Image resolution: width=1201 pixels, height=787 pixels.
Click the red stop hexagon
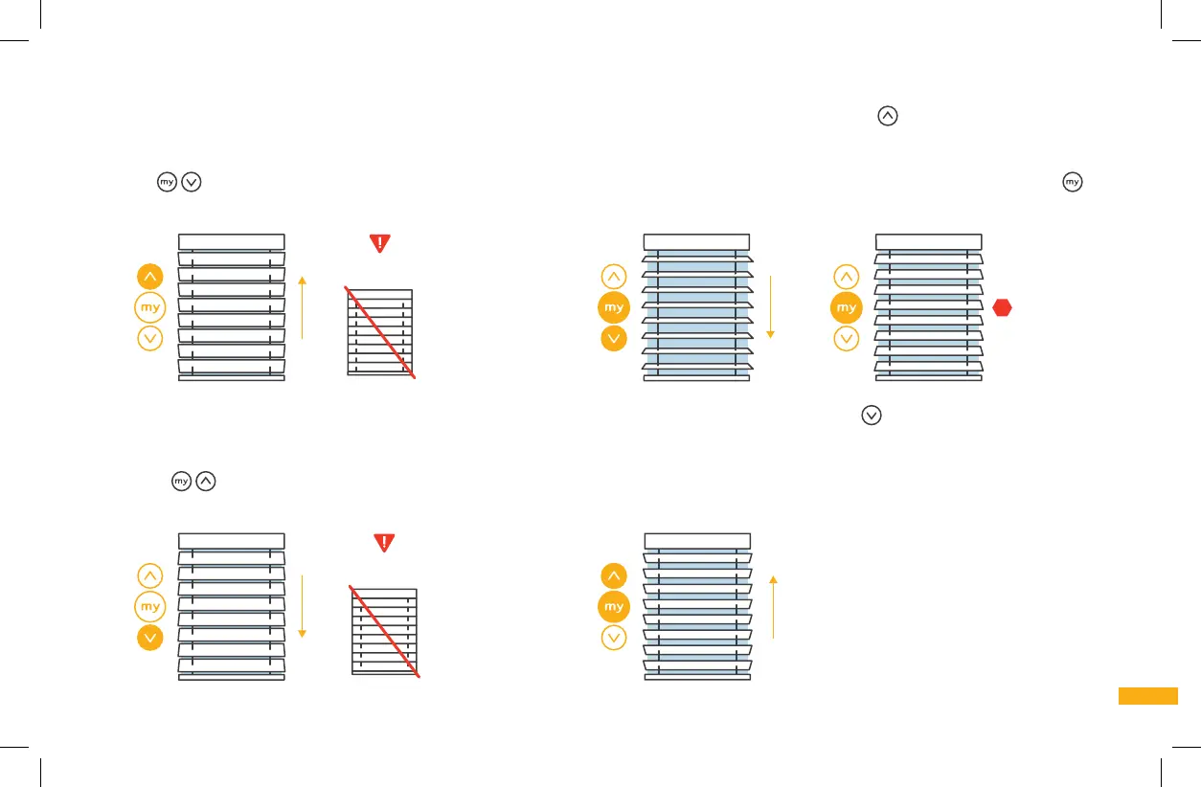coord(1003,307)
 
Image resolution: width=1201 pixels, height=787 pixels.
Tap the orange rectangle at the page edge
coord(1147,696)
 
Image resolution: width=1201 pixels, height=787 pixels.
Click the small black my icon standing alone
coord(1072,181)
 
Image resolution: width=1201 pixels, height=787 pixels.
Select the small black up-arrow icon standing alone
coord(888,116)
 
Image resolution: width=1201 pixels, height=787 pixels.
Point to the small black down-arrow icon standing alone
coord(871,415)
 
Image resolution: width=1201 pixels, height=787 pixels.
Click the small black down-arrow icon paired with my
coord(191,182)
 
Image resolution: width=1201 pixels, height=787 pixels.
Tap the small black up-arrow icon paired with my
coord(205,482)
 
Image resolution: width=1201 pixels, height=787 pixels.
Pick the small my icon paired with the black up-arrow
coord(182,482)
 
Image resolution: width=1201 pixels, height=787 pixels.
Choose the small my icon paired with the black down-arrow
coord(168,182)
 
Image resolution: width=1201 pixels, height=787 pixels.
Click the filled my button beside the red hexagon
coord(847,307)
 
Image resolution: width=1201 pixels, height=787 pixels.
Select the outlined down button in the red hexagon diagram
coord(847,338)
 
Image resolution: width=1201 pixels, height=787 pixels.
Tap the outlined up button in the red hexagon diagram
coord(847,277)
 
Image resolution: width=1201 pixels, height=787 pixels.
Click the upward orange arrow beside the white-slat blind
coord(302,306)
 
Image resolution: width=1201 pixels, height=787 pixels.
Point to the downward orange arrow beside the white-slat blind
coord(302,606)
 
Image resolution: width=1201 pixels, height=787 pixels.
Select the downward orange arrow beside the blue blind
coord(769,306)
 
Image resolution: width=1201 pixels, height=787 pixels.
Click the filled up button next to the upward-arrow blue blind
coord(614,576)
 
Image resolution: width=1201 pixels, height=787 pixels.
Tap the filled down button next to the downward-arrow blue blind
coord(614,338)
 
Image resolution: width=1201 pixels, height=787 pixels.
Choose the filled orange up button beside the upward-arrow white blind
coord(150,277)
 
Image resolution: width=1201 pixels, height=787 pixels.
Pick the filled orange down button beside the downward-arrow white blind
coord(150,637)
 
